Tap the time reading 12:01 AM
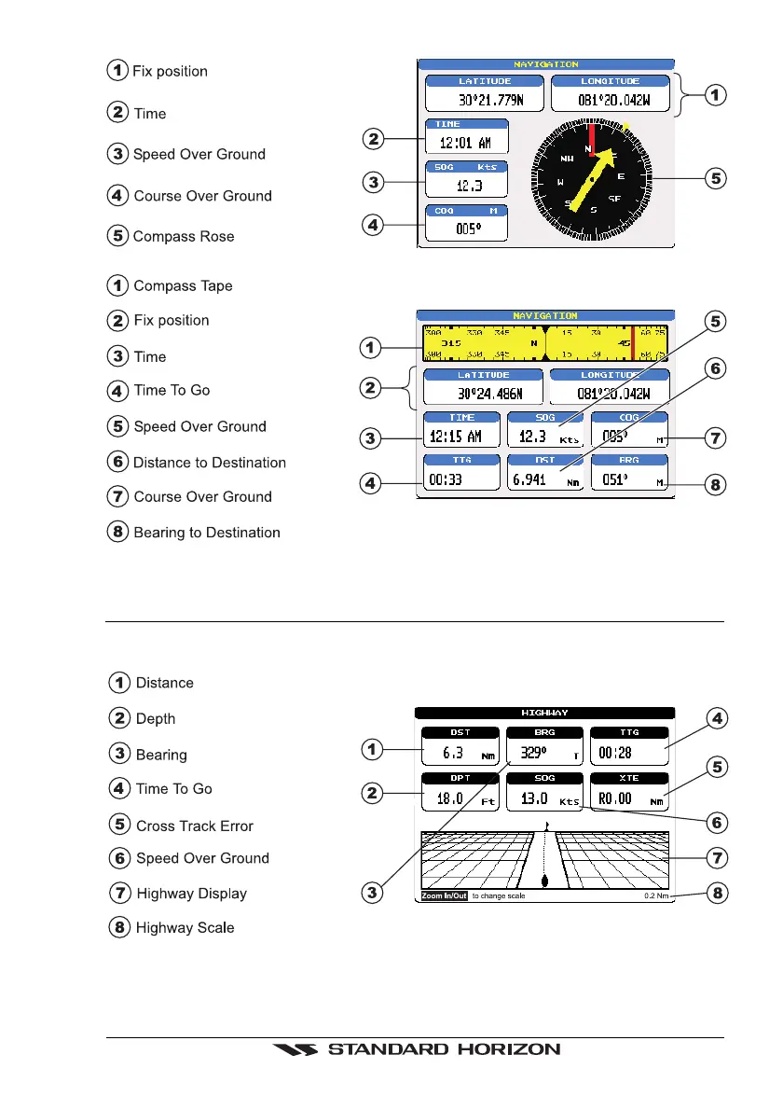click(467, 143)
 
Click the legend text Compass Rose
click(184, 237)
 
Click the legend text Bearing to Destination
click(207, 533)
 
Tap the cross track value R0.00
click(616, 799)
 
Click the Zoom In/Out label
click(443, 896)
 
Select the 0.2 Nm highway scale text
click(657, 896)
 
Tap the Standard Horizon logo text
click(444, 1049)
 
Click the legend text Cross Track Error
click(195, 826)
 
